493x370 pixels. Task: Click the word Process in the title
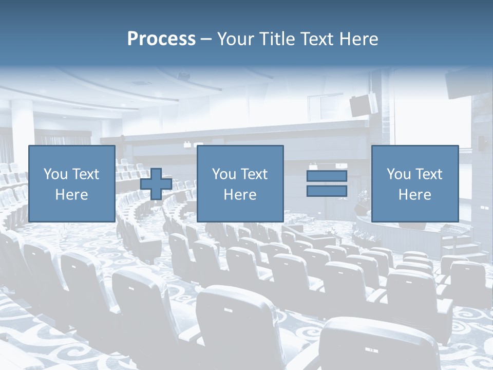click(x=161, y=39)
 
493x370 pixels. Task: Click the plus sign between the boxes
click(x=156, y=184)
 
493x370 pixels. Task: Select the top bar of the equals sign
click(x=327, y=176)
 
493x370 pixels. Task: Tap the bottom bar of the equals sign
click(x=327, y=191)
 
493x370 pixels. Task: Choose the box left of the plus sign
click(x=71, y=183)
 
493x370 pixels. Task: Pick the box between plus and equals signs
click(x=240, y=183)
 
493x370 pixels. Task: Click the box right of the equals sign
click(x=414, y=183)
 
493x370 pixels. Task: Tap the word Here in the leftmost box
click(x=71, y=195)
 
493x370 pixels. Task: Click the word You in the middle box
click(x=224, y=174)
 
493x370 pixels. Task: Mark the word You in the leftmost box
click(x=55, y=174)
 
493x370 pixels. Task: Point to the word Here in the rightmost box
click(x=414, y=195)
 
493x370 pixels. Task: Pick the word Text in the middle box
click(x=255, y=174)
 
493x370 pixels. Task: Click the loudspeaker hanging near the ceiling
click(x=363, y=104)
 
